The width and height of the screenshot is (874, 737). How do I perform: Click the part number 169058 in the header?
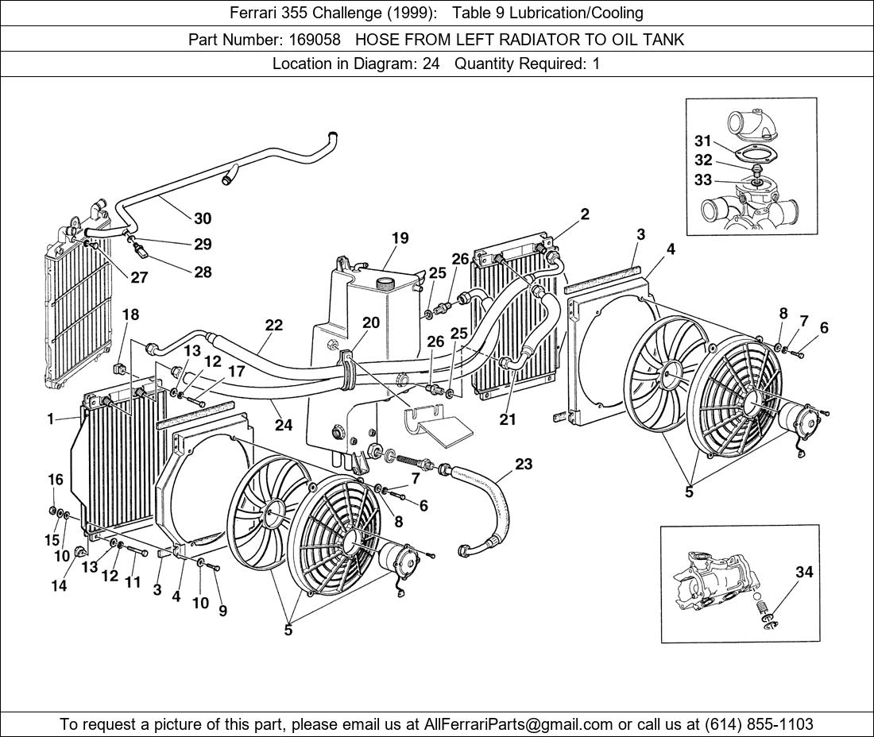click(x=315, y=39)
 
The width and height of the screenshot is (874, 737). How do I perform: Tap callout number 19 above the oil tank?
click(x=400, y=238)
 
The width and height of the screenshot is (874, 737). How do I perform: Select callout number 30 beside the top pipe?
click(x=203, y=218)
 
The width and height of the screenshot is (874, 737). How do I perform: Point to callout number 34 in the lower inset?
click(x=804, y=572)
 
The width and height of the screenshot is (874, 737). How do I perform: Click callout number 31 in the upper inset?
click(x=702, y=141)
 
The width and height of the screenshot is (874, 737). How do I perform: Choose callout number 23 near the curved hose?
click(x=524, y=464)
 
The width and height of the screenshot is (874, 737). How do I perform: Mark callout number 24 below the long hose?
click(x=284, y=425)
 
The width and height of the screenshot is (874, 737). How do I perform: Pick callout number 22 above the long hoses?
click(x=273, y=325)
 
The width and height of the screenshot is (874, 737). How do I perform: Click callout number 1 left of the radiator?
click(x=51, y=419)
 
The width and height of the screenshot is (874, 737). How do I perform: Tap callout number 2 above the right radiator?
click(x=585, y=214)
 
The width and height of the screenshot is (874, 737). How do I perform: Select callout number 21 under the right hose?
click(x=508, y=419)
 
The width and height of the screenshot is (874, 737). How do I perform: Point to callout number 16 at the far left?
click(x=55, y=479)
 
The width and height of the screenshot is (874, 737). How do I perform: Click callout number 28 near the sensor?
click(x=203, y=272)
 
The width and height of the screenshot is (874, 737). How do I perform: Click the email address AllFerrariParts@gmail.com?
click(x=519, y=724)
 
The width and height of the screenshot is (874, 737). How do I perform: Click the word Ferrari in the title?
click(x=254, y=13)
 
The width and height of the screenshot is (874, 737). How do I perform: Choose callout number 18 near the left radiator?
click(x=130, y=314)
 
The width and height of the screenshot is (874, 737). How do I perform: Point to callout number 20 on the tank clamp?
click(x=371, y=322)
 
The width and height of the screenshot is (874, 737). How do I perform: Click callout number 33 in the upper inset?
click(x=702, y=180)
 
